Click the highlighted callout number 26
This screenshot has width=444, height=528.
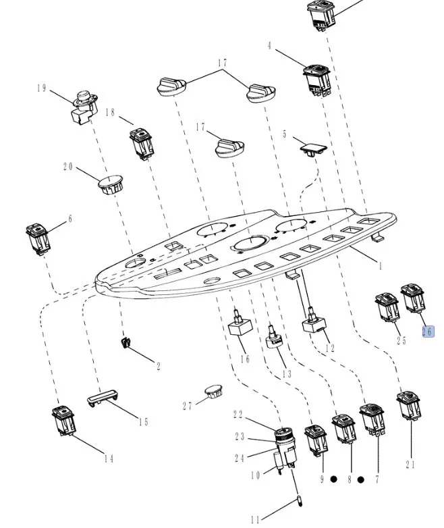427,331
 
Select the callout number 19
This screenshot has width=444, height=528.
41,88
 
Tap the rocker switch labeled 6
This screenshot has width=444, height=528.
36,238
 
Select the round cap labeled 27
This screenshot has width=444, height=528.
213,392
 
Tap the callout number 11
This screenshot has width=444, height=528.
254,519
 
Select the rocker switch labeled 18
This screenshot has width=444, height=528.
141,141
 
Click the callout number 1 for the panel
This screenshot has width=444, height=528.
380,265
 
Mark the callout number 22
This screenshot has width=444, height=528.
238,415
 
